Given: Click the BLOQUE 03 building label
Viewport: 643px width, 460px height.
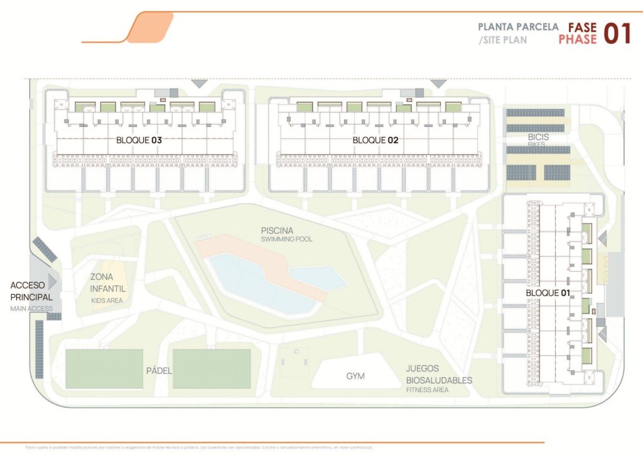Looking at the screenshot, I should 139,140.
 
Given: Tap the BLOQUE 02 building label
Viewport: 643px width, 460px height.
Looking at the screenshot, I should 376,140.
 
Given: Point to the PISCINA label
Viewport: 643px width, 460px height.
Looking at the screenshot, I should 278,231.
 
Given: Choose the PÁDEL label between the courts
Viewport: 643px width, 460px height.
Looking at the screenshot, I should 159,370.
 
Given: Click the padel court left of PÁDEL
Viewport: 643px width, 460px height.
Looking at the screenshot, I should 104,368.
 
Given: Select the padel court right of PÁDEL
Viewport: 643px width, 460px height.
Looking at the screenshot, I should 212,368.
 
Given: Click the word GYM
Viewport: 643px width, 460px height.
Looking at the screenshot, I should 355,376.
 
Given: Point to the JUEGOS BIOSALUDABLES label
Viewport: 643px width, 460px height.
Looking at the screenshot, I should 438,375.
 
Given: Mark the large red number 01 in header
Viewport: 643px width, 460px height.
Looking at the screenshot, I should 617,34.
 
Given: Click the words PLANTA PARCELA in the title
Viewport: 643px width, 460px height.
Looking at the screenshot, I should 517,27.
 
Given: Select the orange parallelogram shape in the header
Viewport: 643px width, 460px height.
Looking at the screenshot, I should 150,27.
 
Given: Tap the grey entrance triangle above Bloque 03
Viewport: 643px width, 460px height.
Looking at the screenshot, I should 200,83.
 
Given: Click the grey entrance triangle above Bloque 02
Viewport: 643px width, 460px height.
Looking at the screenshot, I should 438,83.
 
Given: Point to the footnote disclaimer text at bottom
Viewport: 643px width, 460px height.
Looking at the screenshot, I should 200,448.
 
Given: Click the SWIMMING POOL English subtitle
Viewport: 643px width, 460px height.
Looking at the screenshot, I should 287,239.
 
